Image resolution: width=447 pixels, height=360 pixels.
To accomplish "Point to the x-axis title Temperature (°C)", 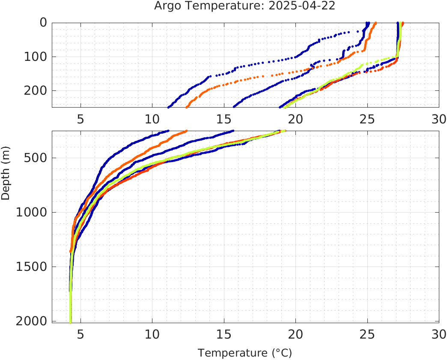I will tap(245, 353).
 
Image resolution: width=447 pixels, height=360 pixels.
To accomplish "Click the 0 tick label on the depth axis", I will tap(43, 22).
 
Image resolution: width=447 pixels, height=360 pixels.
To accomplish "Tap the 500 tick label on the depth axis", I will tap(34, 158).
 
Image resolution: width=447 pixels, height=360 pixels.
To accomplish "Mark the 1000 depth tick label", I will tap(30, 212).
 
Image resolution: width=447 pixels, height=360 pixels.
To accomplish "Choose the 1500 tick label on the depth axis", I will tap(30, 267).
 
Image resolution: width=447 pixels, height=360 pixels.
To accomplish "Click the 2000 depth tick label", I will tap(30, 321).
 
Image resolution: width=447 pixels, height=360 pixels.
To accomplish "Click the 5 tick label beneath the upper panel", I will tap(80, 119).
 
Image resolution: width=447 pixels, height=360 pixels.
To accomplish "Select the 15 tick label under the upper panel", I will tap(224, 119).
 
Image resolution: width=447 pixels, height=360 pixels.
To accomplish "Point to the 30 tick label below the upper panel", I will tap(439, 119).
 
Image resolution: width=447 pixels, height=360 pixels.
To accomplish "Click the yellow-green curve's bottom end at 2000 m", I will tap(71, 321).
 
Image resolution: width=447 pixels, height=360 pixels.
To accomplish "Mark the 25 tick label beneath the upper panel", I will tap(367, 119).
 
